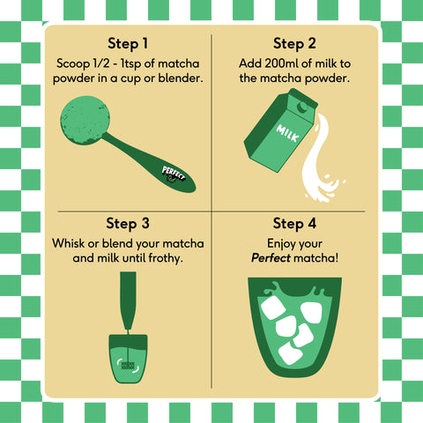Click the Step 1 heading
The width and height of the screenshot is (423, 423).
(128, 44)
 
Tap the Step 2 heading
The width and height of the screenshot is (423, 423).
(294, 44)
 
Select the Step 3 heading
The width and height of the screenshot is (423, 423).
(128, 224)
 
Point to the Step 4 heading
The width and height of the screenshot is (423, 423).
(294, 224)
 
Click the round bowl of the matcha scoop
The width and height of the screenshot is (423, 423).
(85, 121)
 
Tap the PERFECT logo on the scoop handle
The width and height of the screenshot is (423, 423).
(174, 174)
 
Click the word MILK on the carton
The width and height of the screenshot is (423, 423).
(287, 133)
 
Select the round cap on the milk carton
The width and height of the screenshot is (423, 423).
(302, 107)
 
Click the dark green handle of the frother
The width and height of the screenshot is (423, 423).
(128, 301)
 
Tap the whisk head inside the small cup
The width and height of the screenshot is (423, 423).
(128, 366)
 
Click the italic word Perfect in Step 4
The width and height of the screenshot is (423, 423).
(271, 258)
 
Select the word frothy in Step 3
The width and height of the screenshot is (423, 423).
(166, 259)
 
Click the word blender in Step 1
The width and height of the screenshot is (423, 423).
(181, 78)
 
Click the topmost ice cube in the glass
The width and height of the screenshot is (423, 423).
(273, 308)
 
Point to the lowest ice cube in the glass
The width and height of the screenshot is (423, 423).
(290, 353)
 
